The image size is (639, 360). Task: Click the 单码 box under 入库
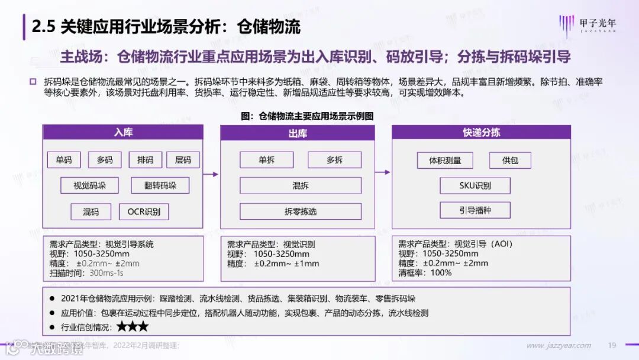[64, 160]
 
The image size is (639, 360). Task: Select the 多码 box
[105, 160]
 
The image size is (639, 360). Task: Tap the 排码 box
[145, 160]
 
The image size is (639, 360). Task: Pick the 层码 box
[183, 160]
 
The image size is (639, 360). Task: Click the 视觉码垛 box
[89, 185]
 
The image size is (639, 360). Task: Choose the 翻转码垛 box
[160, 185]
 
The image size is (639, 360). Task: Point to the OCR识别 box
[144, 211]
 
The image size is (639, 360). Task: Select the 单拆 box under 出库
[267, 160]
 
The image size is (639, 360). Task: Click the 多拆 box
[334, 160]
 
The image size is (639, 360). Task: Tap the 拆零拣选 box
[301, 211]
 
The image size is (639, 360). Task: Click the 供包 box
[510, 160]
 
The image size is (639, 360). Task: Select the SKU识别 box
[475, 185]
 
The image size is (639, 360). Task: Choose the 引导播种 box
[475, 210]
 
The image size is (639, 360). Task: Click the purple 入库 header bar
[122, 132]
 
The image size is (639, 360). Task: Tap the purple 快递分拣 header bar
[481, 132]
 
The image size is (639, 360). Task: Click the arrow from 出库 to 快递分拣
[383, 172]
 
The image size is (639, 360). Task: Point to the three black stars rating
[133, 326]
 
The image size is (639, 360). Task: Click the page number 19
[612, 346]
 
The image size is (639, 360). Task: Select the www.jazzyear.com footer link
[559, 346]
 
